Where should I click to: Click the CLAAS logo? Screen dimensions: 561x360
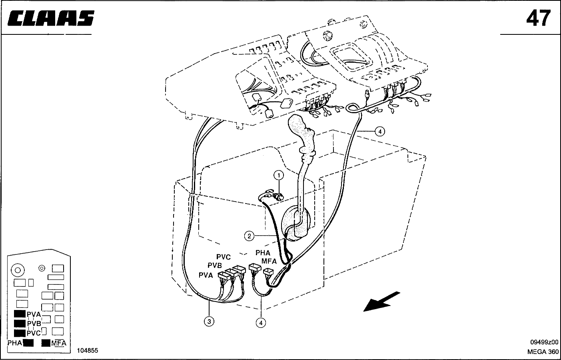tap(51, 18)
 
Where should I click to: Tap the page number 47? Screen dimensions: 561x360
tap(538, 18)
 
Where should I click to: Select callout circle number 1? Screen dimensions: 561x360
tap(279, 175)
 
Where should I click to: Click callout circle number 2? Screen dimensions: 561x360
tap(249, 236)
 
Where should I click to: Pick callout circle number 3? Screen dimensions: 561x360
tap(209, 322)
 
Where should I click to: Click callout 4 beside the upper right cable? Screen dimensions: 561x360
tap(380, 131)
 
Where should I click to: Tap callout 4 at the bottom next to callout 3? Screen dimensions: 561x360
tap(261, 323)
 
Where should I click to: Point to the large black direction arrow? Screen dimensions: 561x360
tap(382, 302)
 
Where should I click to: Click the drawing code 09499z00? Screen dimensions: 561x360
tap(544, 342)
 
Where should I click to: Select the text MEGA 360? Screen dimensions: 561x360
tap(543, 352)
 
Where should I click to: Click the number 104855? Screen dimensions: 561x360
tap(88, 350)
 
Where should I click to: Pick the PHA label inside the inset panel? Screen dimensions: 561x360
tap(14, 343)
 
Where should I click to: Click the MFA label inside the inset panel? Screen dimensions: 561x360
tap(59, 343)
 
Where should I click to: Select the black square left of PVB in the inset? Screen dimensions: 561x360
tap(20, 324)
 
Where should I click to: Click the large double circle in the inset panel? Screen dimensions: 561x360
tap(18, 270)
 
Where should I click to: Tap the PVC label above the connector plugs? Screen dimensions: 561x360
tap(224, 257)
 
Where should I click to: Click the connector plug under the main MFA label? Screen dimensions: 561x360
tap(268, 272)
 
